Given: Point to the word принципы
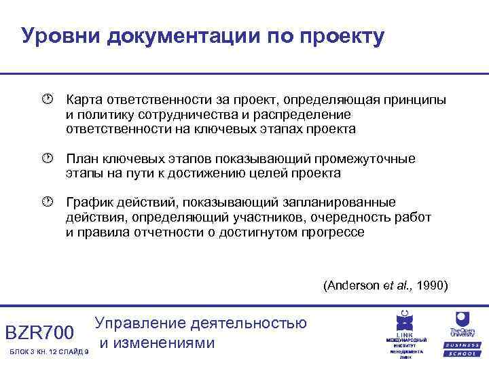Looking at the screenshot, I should click(416, 100).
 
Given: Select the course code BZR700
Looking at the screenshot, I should click(39, 333).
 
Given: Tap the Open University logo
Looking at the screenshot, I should click(462, 330).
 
